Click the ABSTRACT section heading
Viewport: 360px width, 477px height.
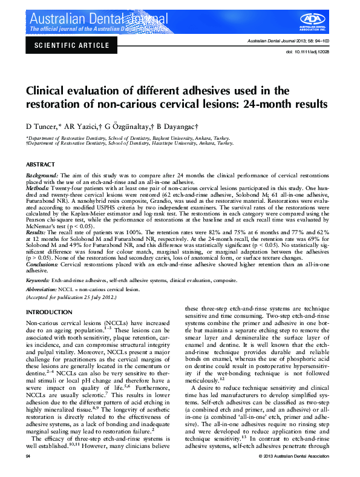(41, 165)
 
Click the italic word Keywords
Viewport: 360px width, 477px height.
(38, 281)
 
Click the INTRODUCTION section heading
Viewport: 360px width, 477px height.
(50, 312)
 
